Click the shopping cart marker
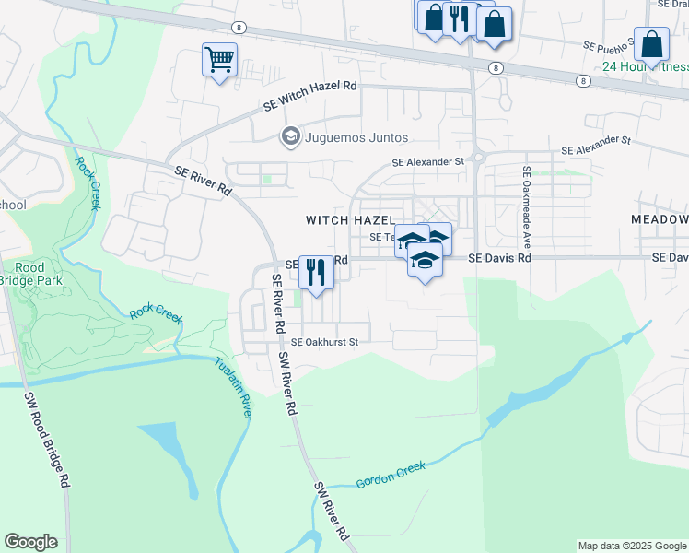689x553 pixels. point(219,61)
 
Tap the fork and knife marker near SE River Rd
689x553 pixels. point(316,273)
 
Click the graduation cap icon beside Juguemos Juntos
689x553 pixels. point(290,136)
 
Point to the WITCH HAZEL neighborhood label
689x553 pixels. point(349,220)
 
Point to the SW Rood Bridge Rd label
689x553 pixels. point(46,438)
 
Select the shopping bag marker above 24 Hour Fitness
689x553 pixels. point(651,45)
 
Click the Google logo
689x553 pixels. point(30,542)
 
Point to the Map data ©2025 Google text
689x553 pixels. point(631,546)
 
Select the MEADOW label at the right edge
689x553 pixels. point(660,219)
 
